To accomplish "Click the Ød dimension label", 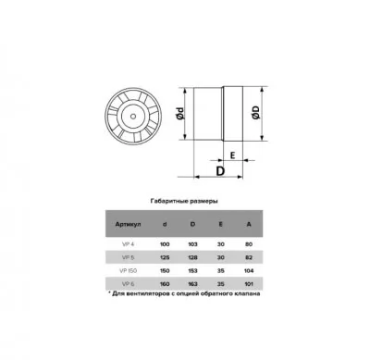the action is (180, 114).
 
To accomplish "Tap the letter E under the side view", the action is (233, 155).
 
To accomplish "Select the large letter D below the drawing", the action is (220, 170).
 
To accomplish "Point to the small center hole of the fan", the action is (133, 117).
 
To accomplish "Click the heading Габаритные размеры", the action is (184, 201).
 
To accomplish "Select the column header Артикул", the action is (128, 224).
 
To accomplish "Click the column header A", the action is (249, 224).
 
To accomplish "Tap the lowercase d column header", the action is (165, 224).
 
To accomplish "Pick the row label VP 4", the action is (128, 244).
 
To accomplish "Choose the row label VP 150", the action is (128, 271).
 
